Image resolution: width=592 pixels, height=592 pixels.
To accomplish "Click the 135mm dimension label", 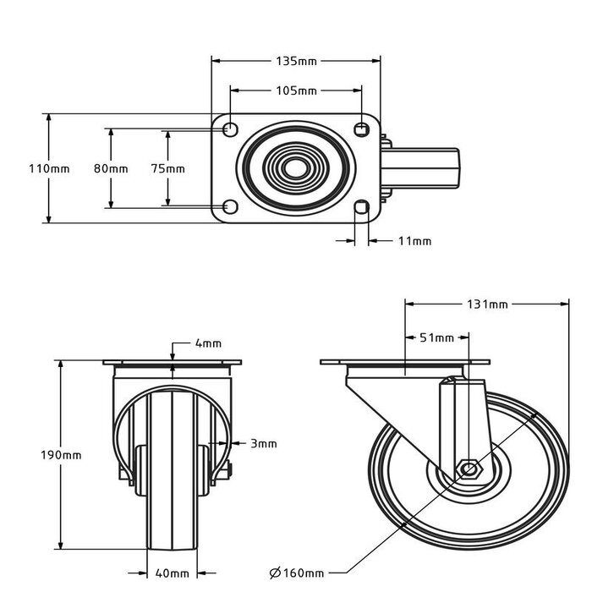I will pyautogui.click(x=296, y=61).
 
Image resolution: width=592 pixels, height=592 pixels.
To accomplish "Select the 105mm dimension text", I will pyautogui.click(x=296, y=90).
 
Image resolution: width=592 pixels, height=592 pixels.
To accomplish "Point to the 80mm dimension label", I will pyautogui.click(x=111, y=168).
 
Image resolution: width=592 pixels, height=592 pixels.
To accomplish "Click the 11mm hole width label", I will pyautogui.click(x=414, y=241).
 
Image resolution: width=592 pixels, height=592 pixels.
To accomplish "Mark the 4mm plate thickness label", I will pyautogui.click(x=208, y=343).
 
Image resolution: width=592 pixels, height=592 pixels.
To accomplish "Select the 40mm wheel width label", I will pyautogui.click(x=173, y=573).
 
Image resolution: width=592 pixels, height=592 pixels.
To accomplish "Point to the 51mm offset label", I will pyautogui.click(x=436, y=337).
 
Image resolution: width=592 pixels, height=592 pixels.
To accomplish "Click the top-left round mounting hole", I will pyautogui.click(x=229, y=129).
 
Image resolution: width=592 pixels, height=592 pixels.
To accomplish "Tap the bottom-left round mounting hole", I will pyautogui.click(x=229, y=207).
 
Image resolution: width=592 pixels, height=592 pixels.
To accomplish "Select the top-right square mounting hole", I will pyautogui.click(x=362, y=129).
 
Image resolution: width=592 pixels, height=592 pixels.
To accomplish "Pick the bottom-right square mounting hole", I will pyautogui.click(x=362, y=208).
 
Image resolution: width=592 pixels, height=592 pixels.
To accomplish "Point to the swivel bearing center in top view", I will pyautogui.click(x=295, y=168).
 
